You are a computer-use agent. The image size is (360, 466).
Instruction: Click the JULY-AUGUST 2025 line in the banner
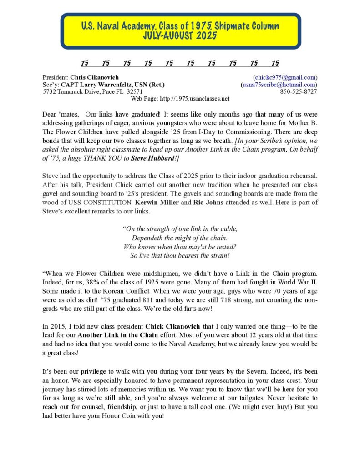(x=180, y=35)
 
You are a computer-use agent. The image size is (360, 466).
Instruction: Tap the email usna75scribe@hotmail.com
(x=279, y=85)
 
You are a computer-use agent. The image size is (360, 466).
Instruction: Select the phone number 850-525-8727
(x=299, y=91)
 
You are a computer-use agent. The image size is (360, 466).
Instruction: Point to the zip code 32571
(x=134, y=91)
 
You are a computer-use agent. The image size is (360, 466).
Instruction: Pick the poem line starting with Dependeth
(x=180, y=238)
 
